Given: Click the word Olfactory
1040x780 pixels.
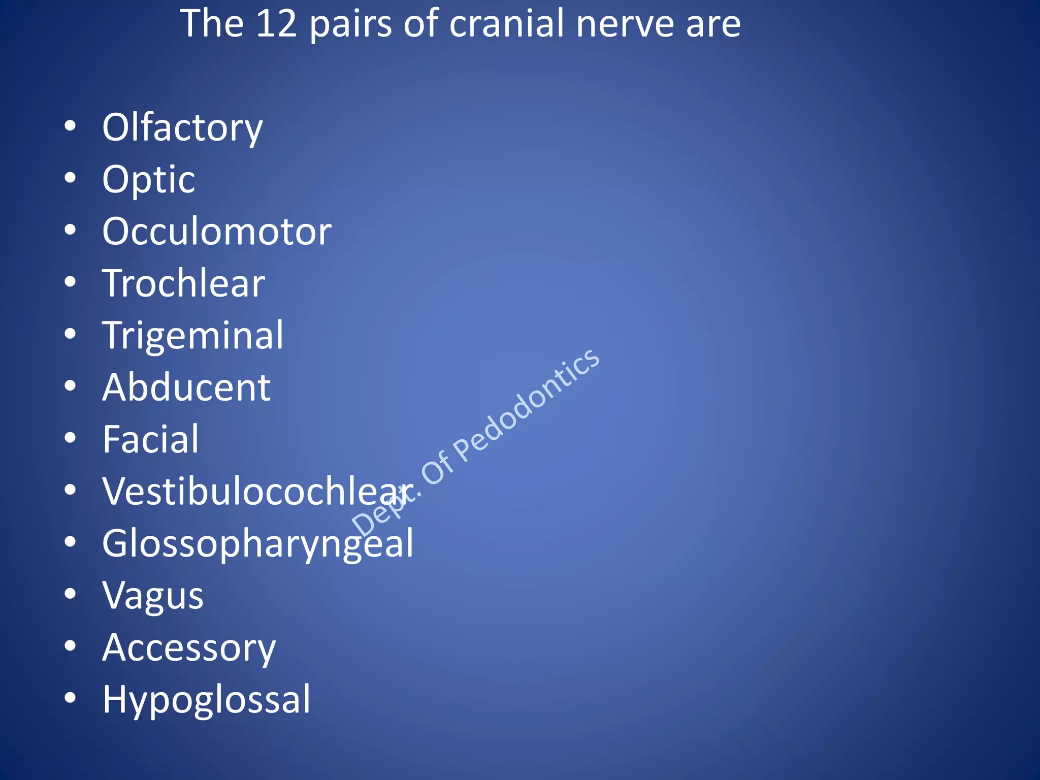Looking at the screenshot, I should tap(182, 127).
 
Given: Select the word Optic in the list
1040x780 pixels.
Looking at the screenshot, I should tap(148, 179).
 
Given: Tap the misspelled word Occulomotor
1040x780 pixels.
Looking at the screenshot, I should tap(217, 232).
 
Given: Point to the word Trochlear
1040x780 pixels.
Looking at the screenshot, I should tap(183, 283).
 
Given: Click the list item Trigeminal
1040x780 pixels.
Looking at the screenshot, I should tap(192, 336).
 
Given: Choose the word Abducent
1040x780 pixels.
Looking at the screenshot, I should tap(186, 387).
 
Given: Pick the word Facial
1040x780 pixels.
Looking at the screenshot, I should tap(150, 439).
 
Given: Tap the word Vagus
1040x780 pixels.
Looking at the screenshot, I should tap(153, 596).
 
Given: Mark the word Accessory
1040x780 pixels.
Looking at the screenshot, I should tap(189, 648).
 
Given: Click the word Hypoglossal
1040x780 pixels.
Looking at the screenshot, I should tap(206, 700).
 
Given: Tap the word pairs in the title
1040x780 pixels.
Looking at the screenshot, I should tap(351, 24).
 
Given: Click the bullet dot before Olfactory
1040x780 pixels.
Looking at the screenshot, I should tap(71, 126).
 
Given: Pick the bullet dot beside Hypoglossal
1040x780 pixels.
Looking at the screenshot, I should tap(71, 698).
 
